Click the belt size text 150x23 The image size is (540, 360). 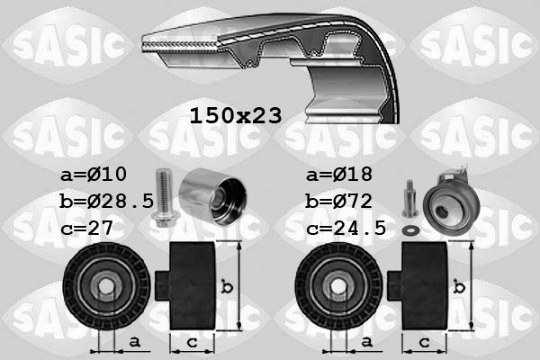[x=235, y=115]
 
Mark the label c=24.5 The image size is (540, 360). [x=346, y=228]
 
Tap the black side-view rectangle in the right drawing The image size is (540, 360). [x=423, y=285]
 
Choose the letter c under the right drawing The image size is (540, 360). [x=423, y=343]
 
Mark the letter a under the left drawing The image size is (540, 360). [x=133, y=343]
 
